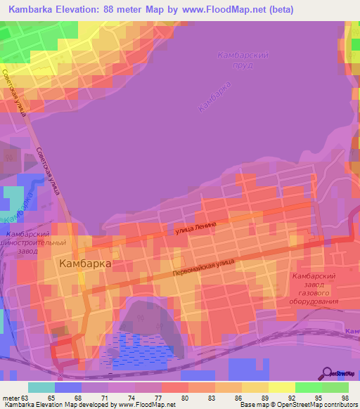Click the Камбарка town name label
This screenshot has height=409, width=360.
[x=86, y=264]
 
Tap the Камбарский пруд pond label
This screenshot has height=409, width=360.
[x=243, y=60]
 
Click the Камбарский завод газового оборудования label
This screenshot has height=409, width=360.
[x=316, y=289]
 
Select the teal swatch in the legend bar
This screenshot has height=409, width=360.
[x=41, y=387]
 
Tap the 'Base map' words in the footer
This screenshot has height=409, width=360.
[x=255, y=405]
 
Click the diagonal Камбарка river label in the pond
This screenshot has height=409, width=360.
[x=214, y=96]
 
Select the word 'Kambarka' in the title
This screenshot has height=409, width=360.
[x=33, y=9]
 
